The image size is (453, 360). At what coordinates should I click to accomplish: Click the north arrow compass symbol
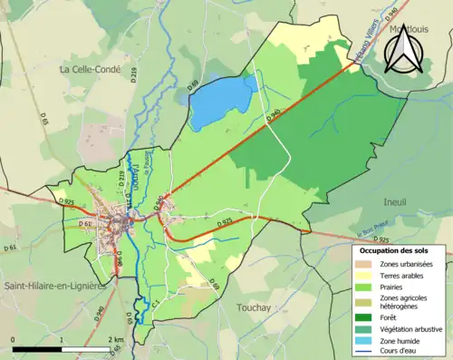coord(403,47)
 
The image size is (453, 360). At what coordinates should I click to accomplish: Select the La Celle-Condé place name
coord(91,69)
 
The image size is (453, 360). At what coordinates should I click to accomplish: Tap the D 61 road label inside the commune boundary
coord(85,222)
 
